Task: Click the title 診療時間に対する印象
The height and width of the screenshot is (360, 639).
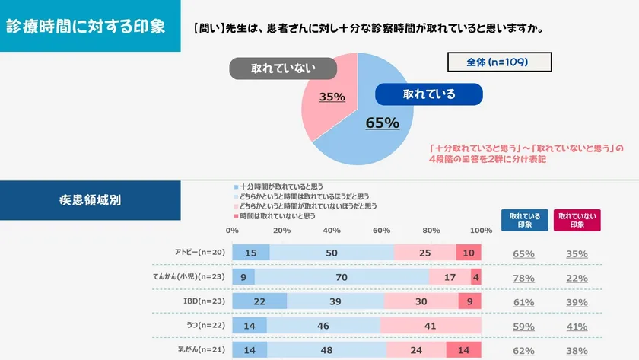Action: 85,27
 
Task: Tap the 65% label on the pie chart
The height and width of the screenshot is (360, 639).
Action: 382,123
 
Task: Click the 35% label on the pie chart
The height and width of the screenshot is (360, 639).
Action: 332,97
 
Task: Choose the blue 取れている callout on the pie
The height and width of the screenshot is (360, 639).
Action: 429,94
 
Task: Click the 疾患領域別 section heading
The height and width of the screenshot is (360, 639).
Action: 90,201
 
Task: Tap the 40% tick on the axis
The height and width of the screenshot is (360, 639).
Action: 332,231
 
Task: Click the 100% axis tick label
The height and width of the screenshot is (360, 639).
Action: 481,231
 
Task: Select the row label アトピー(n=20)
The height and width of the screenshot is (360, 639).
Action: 200,253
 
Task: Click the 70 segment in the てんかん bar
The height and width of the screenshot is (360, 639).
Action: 341,278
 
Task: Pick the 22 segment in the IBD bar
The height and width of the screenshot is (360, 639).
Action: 259,302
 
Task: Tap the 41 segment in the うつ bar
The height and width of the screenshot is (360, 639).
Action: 430,327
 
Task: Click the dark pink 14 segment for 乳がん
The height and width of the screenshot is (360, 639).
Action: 463,351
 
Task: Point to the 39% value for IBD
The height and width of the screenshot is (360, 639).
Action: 576,303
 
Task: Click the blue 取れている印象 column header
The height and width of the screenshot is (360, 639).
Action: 524,220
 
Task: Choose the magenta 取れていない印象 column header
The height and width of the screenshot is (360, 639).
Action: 577,220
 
